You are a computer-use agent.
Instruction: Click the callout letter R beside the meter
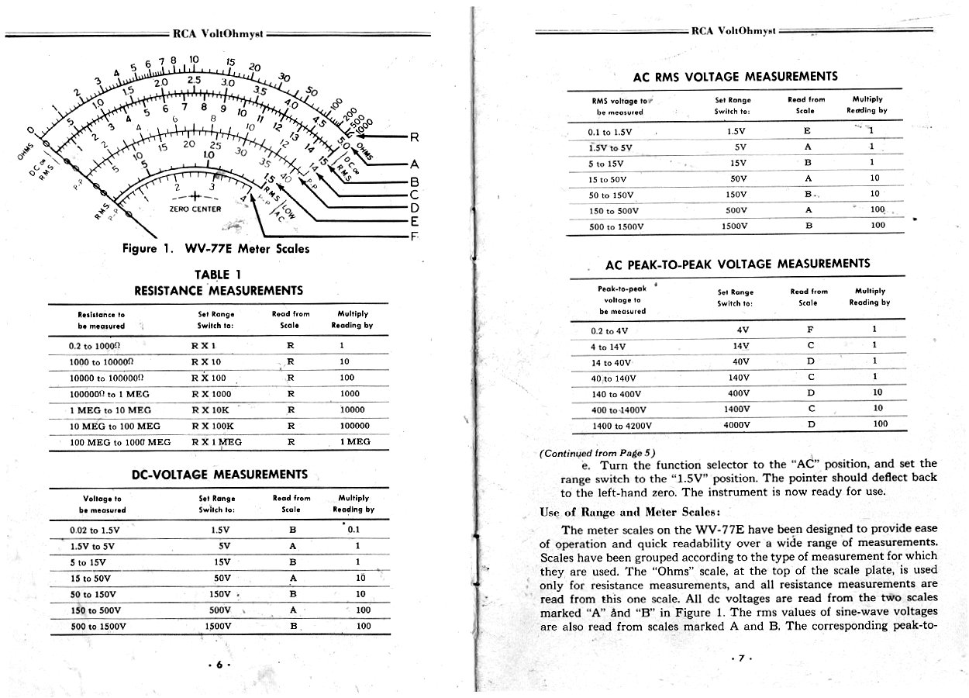414,138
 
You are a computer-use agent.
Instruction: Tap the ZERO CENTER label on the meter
195,209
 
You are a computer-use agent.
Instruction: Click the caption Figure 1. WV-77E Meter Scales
216,249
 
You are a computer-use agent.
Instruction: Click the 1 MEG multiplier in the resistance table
354,442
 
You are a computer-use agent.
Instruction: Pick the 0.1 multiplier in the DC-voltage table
354,530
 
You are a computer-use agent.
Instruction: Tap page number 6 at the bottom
220,665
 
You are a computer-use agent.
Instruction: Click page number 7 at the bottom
740,658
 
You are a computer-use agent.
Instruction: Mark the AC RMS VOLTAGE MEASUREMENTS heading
735,77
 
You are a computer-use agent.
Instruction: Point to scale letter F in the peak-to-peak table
810,329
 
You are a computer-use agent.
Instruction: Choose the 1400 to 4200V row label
621,425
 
